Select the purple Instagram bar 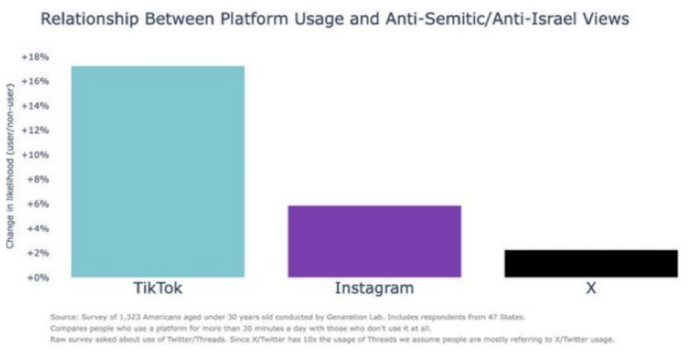374,241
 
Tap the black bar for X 591,264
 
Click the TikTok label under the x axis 158,289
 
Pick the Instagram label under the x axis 374,289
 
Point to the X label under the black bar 591,289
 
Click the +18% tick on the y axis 39,56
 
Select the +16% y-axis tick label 39,81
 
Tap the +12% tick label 39,130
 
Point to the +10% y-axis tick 39,155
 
